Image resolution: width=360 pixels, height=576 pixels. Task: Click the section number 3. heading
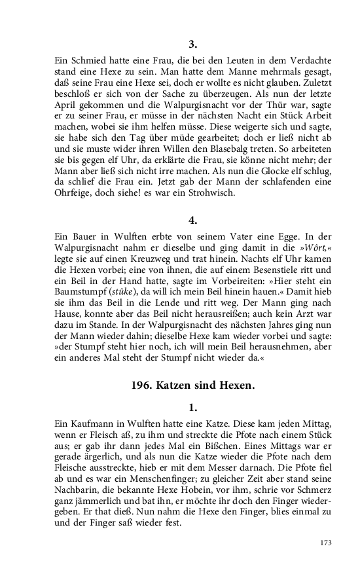192,45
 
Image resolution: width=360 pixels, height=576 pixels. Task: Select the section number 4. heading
192,220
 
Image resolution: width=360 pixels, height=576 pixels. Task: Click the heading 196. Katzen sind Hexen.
192,384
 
